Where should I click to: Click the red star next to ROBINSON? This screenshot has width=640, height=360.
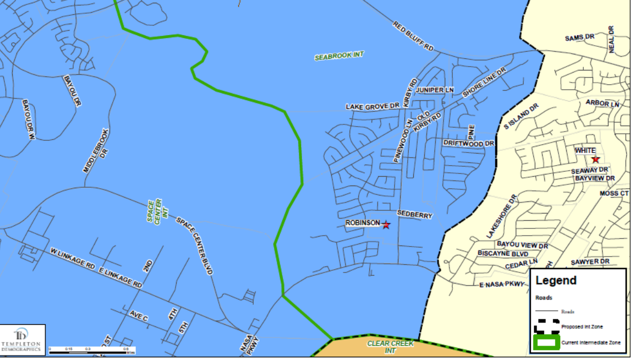pos(386,225)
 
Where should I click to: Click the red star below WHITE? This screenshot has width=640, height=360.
pos(595,160)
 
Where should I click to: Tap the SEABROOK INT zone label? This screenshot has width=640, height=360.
pos(339,56)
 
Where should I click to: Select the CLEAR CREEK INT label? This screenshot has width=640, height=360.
pos(390,347)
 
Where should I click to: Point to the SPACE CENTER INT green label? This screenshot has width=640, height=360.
pos(155,210)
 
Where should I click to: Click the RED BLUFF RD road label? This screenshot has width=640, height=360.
pos(413,36)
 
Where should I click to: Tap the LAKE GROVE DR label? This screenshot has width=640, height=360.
pos(372,106)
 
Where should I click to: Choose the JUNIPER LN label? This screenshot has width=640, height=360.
pos(435,90)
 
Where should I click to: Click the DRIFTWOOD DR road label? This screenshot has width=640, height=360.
pos(469,144)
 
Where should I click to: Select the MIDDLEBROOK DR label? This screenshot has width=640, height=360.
pos(97,151)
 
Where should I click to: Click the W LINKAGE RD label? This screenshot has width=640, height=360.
pos(73,259)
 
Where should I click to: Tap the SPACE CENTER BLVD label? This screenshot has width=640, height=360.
pos(194,246)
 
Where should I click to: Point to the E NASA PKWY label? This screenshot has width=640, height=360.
pos(500,284)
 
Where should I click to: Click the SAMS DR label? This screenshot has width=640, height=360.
pos(580,37)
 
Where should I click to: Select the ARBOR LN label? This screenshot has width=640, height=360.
pos(602,103)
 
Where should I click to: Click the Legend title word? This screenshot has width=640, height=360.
pos(556,280)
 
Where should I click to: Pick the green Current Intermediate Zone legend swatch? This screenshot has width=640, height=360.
pos(546,342)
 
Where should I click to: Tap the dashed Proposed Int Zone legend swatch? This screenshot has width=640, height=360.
pos(546,326)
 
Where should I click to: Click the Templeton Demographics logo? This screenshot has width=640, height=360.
pos(23,340)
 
